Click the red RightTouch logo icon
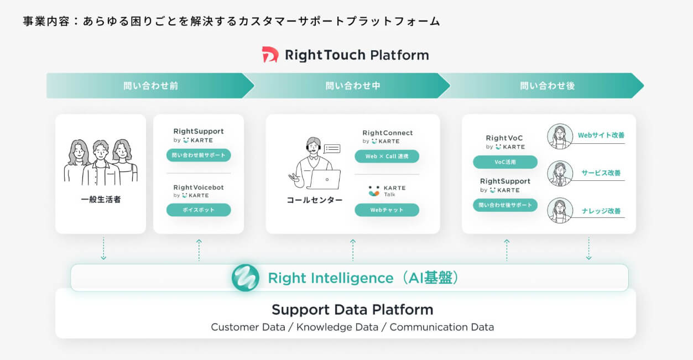tap(270, 54)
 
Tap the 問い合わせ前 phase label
tap(150, 86)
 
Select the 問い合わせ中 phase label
tap(353, 86)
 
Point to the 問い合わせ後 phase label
tap(548, 86)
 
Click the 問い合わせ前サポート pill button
tap(199, 155)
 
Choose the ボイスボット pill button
tap(199, 210)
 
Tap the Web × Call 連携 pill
tap(387, 156)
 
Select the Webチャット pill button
tap(387, 210)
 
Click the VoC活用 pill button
tap(505, 162)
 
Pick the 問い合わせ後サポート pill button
tap(505, 205)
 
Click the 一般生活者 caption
tap(101, 200)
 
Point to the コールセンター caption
tap(315, 200)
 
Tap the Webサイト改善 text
tap(601, 135)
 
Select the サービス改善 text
tap(601, 173)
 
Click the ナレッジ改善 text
tap(601, 211)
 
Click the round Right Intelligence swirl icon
tap(246, 278)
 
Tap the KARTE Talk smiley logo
tap(374, 191)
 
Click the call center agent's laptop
tap(324, 179)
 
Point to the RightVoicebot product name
tap(199, 187)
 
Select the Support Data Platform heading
tap(352, 310)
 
